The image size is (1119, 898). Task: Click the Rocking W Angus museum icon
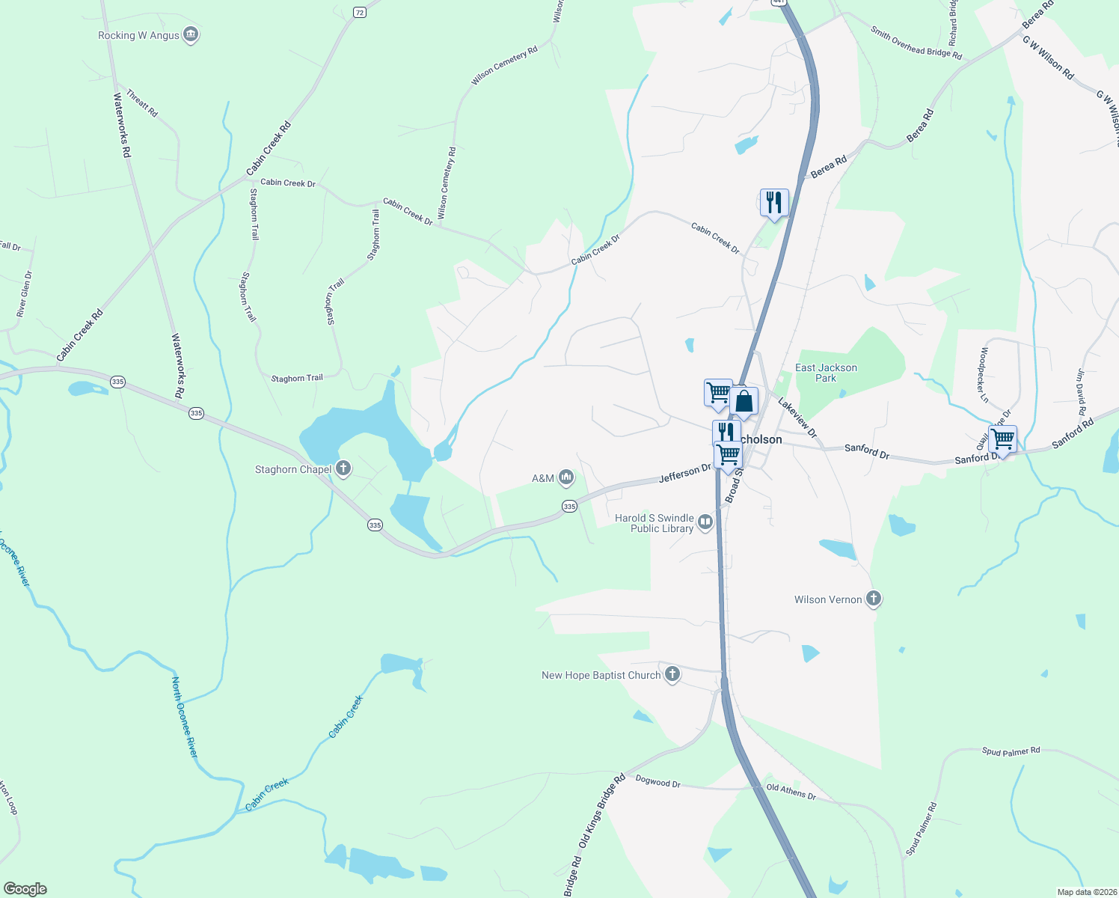191,35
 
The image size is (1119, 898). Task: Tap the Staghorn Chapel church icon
343,469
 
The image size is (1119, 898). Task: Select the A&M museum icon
566,477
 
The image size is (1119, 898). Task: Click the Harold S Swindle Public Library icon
705,522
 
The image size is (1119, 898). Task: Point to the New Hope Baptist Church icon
672,675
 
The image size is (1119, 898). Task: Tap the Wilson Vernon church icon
873,599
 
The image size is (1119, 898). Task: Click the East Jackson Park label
826,373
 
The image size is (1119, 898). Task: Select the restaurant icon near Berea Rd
774,203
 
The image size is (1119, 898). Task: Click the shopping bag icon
744,401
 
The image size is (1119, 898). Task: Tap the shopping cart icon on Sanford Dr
1002,439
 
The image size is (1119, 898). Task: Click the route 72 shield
360,13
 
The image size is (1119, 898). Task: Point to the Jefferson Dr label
685,473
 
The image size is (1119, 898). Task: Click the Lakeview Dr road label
797,418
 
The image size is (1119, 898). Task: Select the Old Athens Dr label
791,791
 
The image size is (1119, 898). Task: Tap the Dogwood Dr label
658,782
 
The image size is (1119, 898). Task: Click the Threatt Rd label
142,103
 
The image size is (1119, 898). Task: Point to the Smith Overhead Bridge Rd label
916,43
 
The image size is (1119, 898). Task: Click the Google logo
25,889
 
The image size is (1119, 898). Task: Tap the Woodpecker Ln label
984,375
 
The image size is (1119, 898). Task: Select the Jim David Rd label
1081,391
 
